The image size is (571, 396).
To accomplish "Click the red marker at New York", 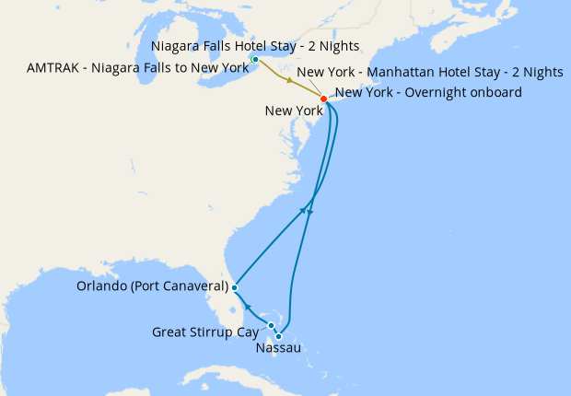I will [323, 99].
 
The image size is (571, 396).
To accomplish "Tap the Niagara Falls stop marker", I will [255, 60].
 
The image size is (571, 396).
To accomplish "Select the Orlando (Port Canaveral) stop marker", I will [235, 287].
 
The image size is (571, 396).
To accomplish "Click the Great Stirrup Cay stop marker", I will [272, 326].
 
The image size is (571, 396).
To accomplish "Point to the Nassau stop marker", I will [279, 336].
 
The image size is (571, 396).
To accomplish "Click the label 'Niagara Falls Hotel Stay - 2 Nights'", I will [254, 45].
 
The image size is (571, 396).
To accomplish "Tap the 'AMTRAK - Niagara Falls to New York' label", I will [137, 66].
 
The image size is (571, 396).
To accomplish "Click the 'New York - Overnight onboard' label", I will [430, 92].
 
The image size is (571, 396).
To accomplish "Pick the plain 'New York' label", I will [292, 111].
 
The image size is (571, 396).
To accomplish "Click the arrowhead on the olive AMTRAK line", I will [290, 82].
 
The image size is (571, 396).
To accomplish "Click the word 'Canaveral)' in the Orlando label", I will [192, 287].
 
